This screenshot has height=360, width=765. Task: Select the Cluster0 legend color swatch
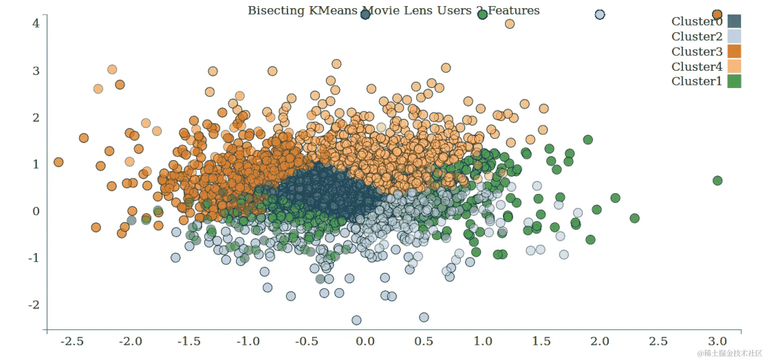pos(734,21)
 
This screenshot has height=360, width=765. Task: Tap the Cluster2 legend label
pos(697,37)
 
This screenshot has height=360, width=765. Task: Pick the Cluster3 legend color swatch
pos(734,52)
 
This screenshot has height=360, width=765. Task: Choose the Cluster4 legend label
pos(697,66)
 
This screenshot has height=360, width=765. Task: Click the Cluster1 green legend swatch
pos(734,81)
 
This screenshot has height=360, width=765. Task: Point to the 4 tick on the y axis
pos(36,23)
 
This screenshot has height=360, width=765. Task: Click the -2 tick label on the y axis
pos(34,305)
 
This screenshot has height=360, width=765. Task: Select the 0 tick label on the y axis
pos(36,211)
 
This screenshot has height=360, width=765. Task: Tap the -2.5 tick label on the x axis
pos(72,341)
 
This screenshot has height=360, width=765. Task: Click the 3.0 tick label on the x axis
pos(717,341)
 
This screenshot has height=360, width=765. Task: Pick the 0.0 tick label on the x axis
pos(365,341)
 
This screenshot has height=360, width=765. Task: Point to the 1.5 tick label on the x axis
pos(541,341)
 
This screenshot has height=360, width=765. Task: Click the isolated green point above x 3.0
pos(717,180)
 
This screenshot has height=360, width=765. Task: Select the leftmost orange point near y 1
pos(59,162)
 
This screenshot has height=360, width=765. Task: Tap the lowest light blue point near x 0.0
pos(356,320)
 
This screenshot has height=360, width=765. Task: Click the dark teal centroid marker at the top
pos(365,15)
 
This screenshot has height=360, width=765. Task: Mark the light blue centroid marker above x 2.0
pos(600,15)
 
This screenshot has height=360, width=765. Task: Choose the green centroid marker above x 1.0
pos(482,15)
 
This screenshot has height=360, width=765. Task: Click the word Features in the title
pos(514,11)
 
